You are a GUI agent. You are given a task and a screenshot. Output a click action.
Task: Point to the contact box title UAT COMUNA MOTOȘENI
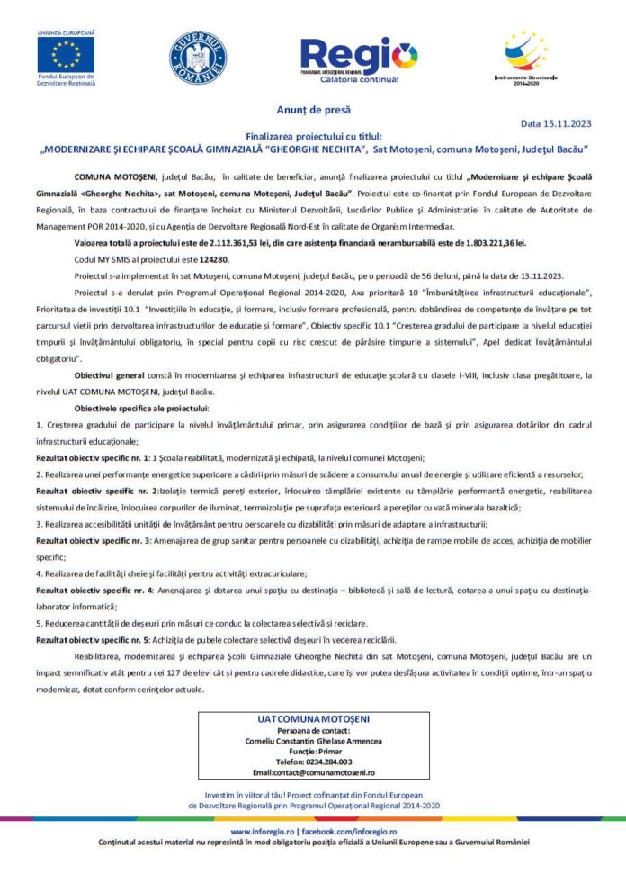click(x=312, y=720)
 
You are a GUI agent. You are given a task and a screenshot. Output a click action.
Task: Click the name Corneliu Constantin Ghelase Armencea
click(x=313, y=741)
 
